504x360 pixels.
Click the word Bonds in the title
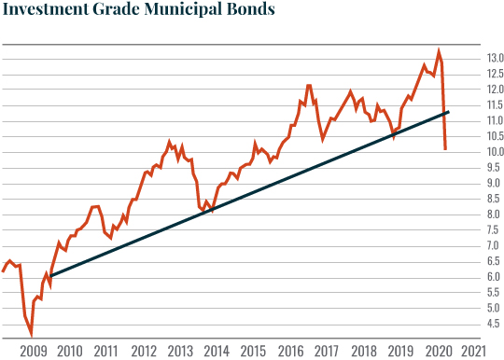(250, 12)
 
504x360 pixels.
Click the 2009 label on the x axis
(33, 351)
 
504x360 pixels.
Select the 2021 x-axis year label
(473, 351)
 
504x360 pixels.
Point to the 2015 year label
(253, 351)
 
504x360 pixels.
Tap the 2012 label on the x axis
(143, 351)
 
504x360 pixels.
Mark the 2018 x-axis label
(363, 351)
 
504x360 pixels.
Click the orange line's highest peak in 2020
(439, 51)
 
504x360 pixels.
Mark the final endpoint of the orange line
(445, 149)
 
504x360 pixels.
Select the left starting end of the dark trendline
(50, 276)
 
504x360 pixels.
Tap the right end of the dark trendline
(449, 112)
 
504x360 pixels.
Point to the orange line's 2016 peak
(308, 86)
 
